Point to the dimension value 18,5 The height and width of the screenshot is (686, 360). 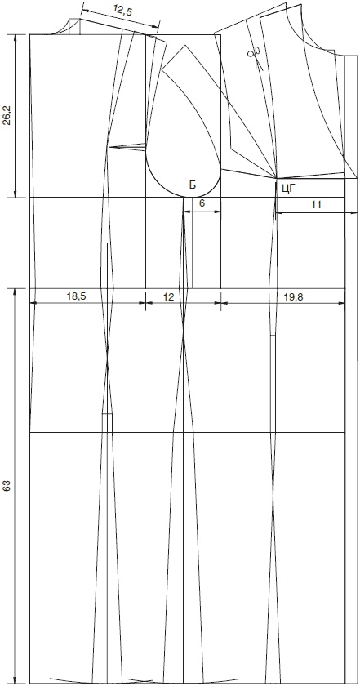tap(77, 296)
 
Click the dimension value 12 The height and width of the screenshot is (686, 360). tap(168, 296)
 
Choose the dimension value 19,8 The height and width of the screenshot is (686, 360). tap(294, 296)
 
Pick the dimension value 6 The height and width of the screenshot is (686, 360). tap(202, 203)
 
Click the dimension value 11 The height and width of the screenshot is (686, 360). tap(317, 204)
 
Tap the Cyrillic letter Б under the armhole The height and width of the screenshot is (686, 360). tap(193, 185)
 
